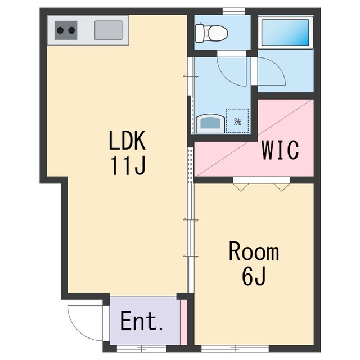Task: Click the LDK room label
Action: pyautogui.click(x=127, y=140)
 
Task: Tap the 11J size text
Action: pyautogui.click(x=128, y=165)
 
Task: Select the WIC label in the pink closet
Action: pyautogui.click(x=280, y=150)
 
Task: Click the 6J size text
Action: pyautogui.click(x=254, y=276)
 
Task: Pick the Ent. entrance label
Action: pyautogui.click(x=141, y=321)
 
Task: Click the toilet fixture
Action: pyautogui.click(x=211, y=33)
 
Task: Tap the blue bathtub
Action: pyautogui.click(x=286, y=33)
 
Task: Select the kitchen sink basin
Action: pyautogui.click(x=109, y=30)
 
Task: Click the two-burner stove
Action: pyautogui.click(x=66, y=30)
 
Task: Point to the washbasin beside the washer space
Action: pyautogui.click(x=210, y=124)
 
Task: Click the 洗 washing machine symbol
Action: pyautogui.click(x=237, y=121)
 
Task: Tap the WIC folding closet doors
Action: pyautogui.click(x=261, y=185)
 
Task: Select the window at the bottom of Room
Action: pyautogui.click(x=235, y=349)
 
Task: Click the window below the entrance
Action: pyautogui.click(x=141, y=349)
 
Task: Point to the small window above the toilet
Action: pyautogui.click(x=234, y=11)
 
